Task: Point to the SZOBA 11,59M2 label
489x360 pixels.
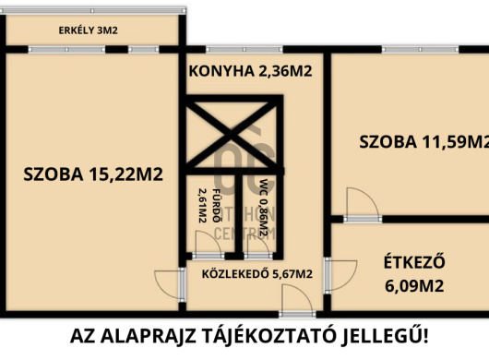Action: [423, 142]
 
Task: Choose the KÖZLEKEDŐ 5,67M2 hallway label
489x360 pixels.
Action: [250, 273]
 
